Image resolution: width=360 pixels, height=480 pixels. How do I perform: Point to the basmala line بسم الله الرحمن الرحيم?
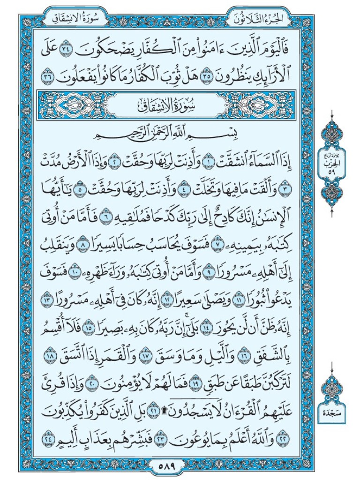[x=180, y=133]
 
